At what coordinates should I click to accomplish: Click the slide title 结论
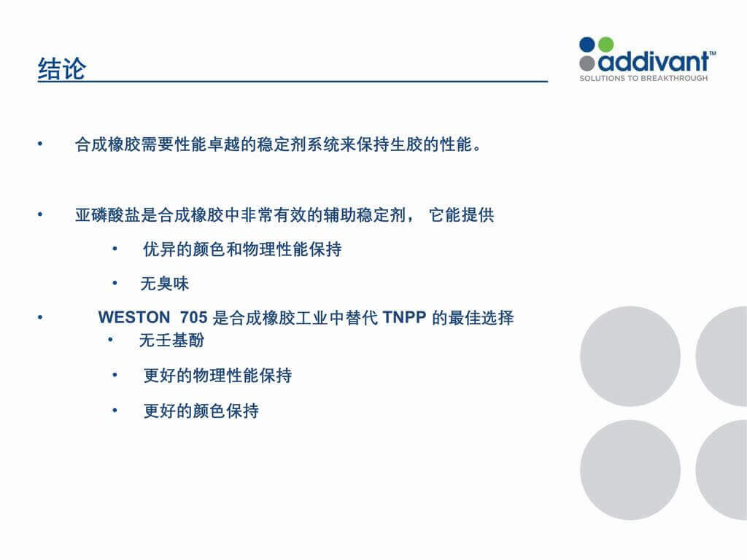click(x=62, y=69)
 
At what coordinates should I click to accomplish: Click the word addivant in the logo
click(x=654, y=61)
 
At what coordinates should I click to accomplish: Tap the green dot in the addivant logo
click(x=605, y=44)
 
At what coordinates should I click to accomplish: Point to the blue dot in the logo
click(x=587, y=44)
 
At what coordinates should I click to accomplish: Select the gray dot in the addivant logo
click(x=587, y=63)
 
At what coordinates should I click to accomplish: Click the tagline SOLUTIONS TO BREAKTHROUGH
click(x=643, y=78)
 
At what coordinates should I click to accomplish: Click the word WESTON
click(x=134, y=317)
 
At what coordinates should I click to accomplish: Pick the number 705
click(x=193, y=317)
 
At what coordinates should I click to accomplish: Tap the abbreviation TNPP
click(x=404, y=317)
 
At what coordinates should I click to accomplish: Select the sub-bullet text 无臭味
click(x=165, y=284)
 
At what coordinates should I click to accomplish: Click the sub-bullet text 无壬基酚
click(x=171, y=340)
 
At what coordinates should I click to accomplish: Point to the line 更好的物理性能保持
click(x=217, y=376)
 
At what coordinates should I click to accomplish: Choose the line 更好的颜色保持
click(x=201, y=411)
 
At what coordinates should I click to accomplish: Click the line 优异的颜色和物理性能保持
click(x=242, y=249)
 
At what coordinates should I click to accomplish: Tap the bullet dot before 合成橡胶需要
click(x=40, y=144)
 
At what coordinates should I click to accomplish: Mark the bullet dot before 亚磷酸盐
click(x=40, y=214)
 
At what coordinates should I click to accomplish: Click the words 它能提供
click(x=462, y=215)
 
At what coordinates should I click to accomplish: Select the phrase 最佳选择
click(x=481, y=317)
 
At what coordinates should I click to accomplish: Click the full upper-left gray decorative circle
click(x=630, y=356)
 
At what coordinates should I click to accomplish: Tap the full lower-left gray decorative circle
click(x=630, y=470)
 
